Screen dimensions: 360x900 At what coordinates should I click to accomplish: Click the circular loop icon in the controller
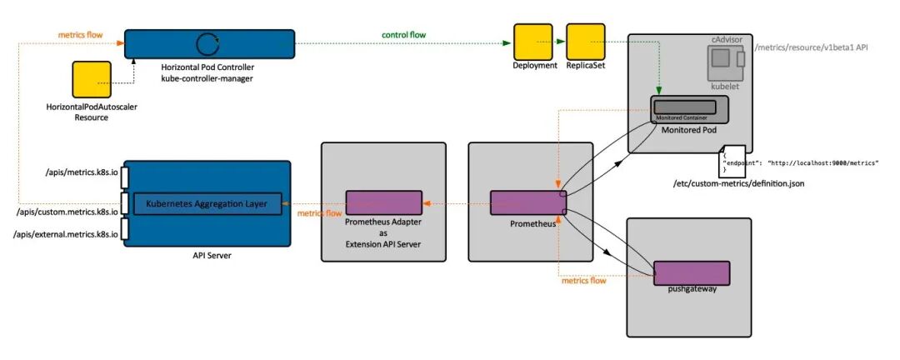point(206,43)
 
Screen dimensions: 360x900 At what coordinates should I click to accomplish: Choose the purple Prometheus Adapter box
point(384,202)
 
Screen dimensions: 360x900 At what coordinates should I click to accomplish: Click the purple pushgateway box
point(692,272)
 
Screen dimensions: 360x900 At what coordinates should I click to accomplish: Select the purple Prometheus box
point(528,202)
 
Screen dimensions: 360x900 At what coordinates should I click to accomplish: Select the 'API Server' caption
point(206,256)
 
